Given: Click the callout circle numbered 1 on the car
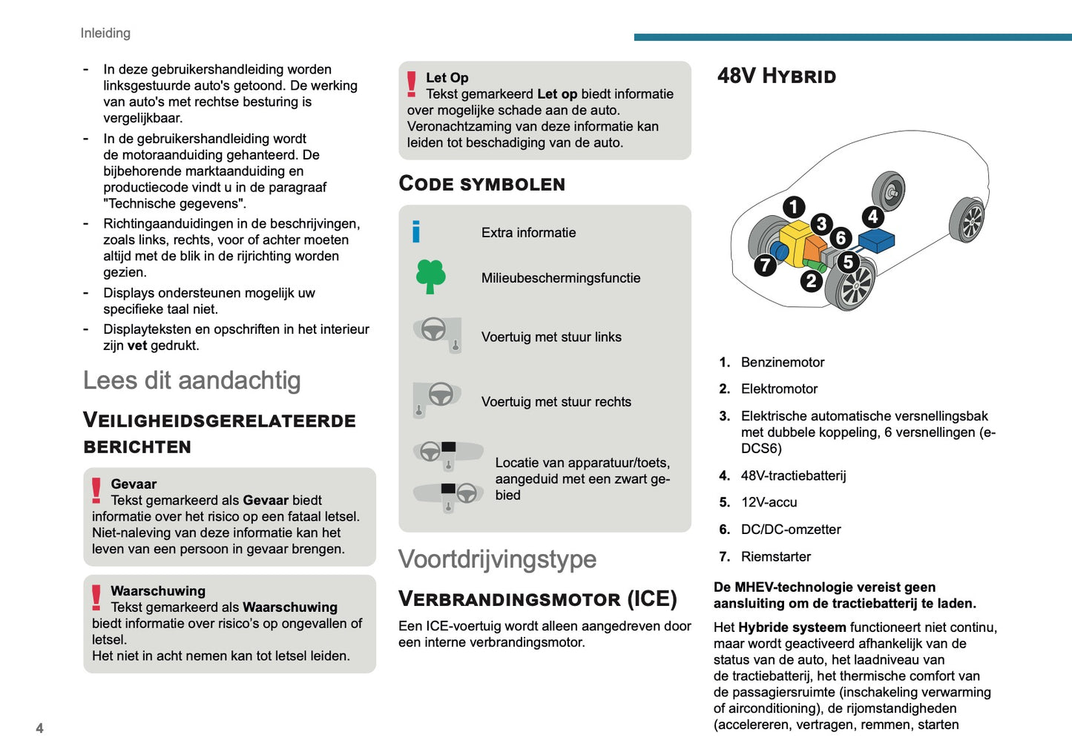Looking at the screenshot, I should [x=794, y=207].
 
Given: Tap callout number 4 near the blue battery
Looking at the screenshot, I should [x=873, y=217].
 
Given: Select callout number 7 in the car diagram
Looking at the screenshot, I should [x=765, y=265].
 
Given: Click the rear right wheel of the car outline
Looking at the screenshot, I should [x=967, y=220].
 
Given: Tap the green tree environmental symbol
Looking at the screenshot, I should [x=430, y=277].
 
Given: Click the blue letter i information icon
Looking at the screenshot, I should [x=416, y=232].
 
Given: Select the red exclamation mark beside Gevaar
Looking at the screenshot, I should [x=96, y=491].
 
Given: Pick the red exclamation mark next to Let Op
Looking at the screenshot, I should [x=412, y=84].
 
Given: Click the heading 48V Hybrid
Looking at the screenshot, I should [x=777, y=76].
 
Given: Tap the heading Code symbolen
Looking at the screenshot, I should [x=481, y=184].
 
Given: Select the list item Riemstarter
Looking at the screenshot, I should [x=775, y=556].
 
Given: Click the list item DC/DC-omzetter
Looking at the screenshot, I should [x=790, y=530].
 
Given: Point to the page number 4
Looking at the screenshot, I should [x=39, y=728].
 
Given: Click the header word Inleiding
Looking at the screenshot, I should [x=105, y=33].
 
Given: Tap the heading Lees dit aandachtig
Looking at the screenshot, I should [x=191, y=380].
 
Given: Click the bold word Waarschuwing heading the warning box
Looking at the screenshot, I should [x=158, y=591].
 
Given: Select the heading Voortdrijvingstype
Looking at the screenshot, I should [x=497, y=559].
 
